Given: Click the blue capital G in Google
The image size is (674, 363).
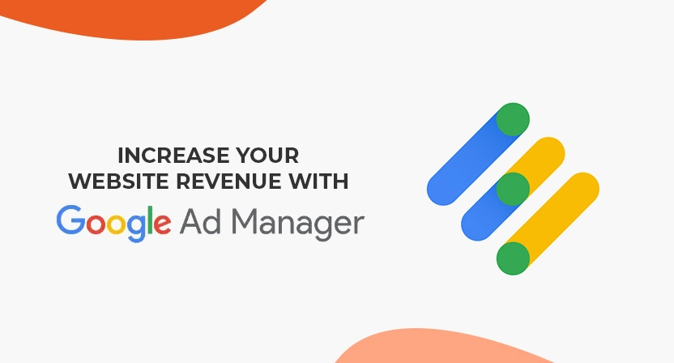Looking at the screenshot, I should (x=71, y=220).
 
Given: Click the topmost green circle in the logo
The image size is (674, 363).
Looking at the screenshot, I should (x=513, y=119).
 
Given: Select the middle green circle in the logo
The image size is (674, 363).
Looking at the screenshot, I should (x=512, y=189).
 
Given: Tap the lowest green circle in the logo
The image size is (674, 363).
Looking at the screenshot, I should (x=513, y=258).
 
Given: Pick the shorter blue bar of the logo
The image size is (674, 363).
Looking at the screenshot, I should (x=482, y=215).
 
